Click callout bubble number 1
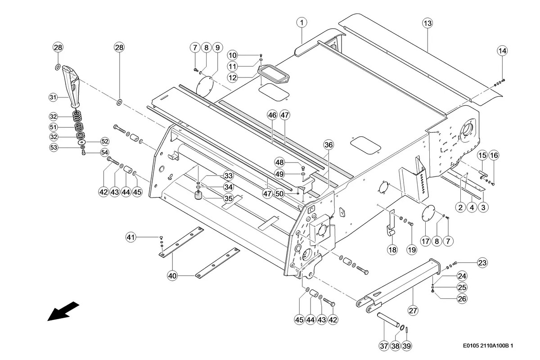coord(301,22)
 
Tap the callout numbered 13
coord(427,23)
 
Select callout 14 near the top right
coord(502,51)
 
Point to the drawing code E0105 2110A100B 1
coord(488,346)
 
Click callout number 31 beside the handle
coord(54,97)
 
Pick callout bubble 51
coord(54,126)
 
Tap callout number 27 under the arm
coord(413,310)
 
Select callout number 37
coord(383,346)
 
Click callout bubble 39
coord(406,346)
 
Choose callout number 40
coord(173,275)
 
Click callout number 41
coord(130,237)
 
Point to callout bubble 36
coord(329,144)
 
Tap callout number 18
coord(392,250)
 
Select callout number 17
coord(426,241)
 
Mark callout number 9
coord(217,47)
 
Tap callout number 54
coord(104,152)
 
